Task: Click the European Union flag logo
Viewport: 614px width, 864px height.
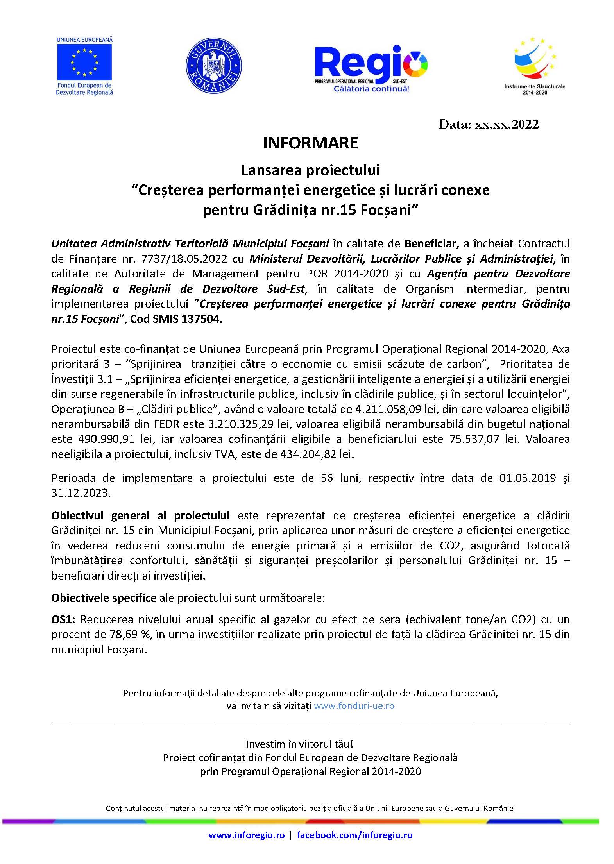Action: pos(84,62)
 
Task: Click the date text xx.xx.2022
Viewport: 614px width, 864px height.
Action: pos(506,124)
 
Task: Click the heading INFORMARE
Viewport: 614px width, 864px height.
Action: pos(310,143)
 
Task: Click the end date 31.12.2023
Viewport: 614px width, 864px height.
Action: pos(81,493)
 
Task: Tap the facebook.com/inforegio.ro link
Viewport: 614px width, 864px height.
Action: pos(354,835)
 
